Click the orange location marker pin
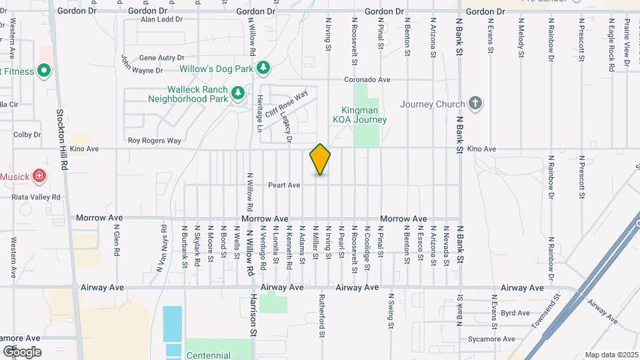pyautogui.click(x=320, y=159)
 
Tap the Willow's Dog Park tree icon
pyautogui.click(x=264, y=68)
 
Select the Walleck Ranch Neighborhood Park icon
pyautogui.click(x=238, y=92)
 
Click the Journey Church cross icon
pyautogui.click(x=475, y=103)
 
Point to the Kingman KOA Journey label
pyautogui.click(x=359, y=115)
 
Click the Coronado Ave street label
pyautogui.click(x=367, y=79)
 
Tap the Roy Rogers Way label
pyautogui.click(x=154, y=141)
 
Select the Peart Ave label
pyautogui.click(x=284, y=185)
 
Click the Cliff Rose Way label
pyautogui.click(x=286, y=103)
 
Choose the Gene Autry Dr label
pyautogui.click(x=161, y=59)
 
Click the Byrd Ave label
pyautogui.click(x=515, y=312)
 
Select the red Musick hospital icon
pyautogui.click(x=39, y=176)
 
